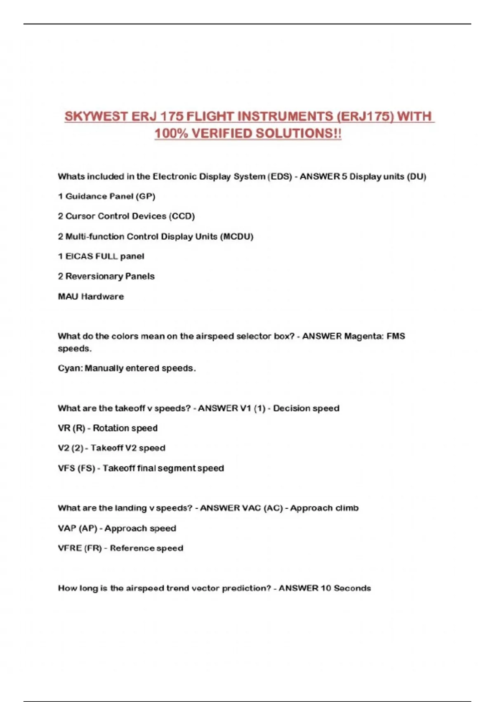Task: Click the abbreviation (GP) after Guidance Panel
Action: (146, 196)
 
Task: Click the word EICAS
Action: (79, 256)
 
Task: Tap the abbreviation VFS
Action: (66, 468)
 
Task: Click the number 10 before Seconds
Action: (325, 588)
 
